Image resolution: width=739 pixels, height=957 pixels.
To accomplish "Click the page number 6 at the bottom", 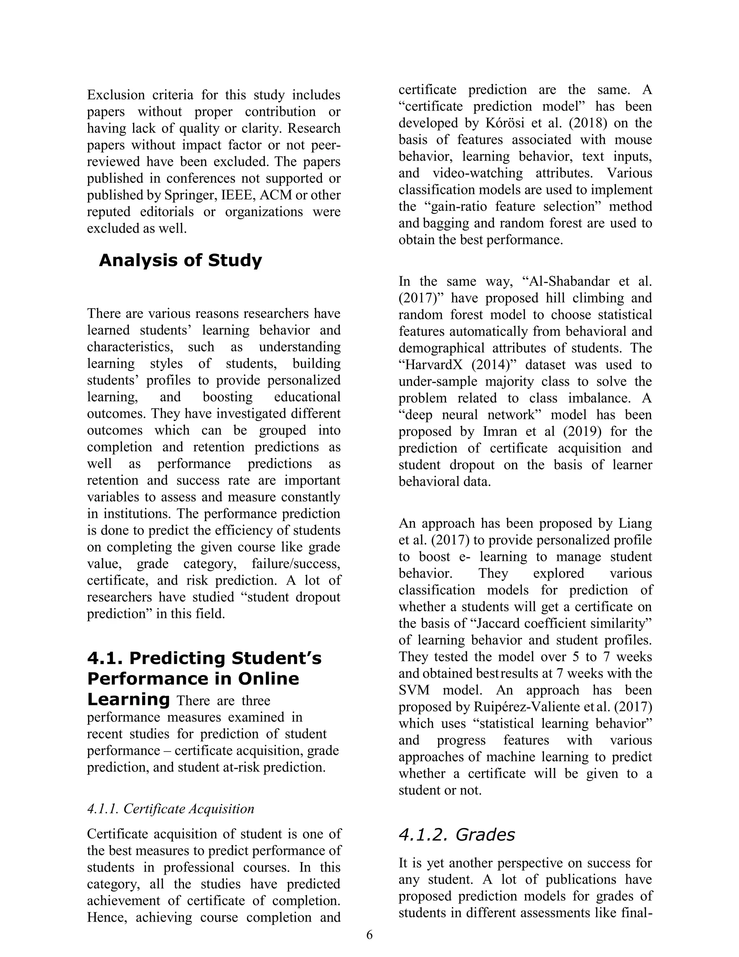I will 369,935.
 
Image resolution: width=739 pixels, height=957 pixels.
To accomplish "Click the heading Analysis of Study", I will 180,260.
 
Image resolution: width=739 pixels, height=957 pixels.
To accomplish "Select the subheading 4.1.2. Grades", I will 456,834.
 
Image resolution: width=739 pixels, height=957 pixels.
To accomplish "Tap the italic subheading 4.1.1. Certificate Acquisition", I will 170,809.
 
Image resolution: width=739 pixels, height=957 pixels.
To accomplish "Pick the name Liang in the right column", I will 635,523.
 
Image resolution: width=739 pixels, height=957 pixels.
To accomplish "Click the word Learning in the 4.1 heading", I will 128,700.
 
